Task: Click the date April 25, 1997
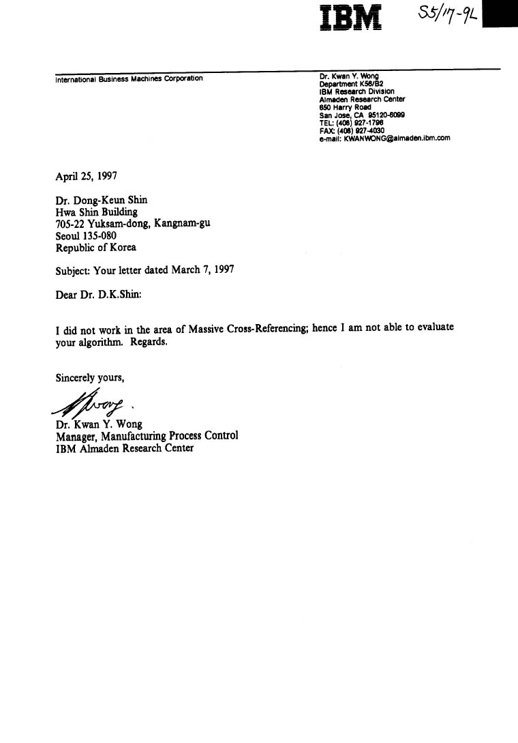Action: pyautogui.click(x=86, y=175)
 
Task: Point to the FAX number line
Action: pyautogui.click(x=352, y=130)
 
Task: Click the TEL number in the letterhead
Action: pyautogui.click(x=351, y=123)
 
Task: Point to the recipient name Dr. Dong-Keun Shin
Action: pyautogui.click(x=101, y=200)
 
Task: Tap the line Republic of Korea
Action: pyautogui.click(x=95, y=248)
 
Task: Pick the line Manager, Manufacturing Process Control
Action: pyautogui.click(x=147, y=435)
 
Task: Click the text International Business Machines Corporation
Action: pyautogui.click(x=129, y=78)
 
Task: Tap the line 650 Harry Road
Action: pyautogui.click(x=345, y=107)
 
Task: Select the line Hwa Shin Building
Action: pyautogui.click(x=96, y=212)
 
